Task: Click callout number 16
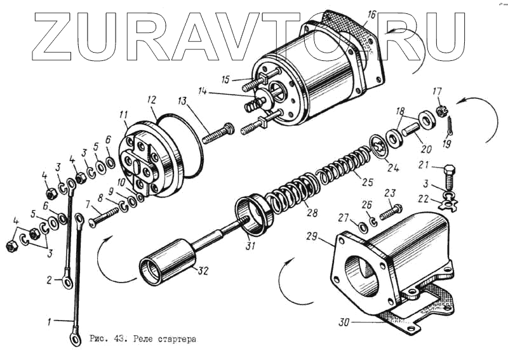tap(371, 13)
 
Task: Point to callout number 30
tap(344, 322)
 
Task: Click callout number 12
tap(151, 100)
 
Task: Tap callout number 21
tap(424, 166)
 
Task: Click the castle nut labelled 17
tap(439, 112)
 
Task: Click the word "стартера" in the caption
tap(173, 339)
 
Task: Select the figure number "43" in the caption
tap(119, 339)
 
